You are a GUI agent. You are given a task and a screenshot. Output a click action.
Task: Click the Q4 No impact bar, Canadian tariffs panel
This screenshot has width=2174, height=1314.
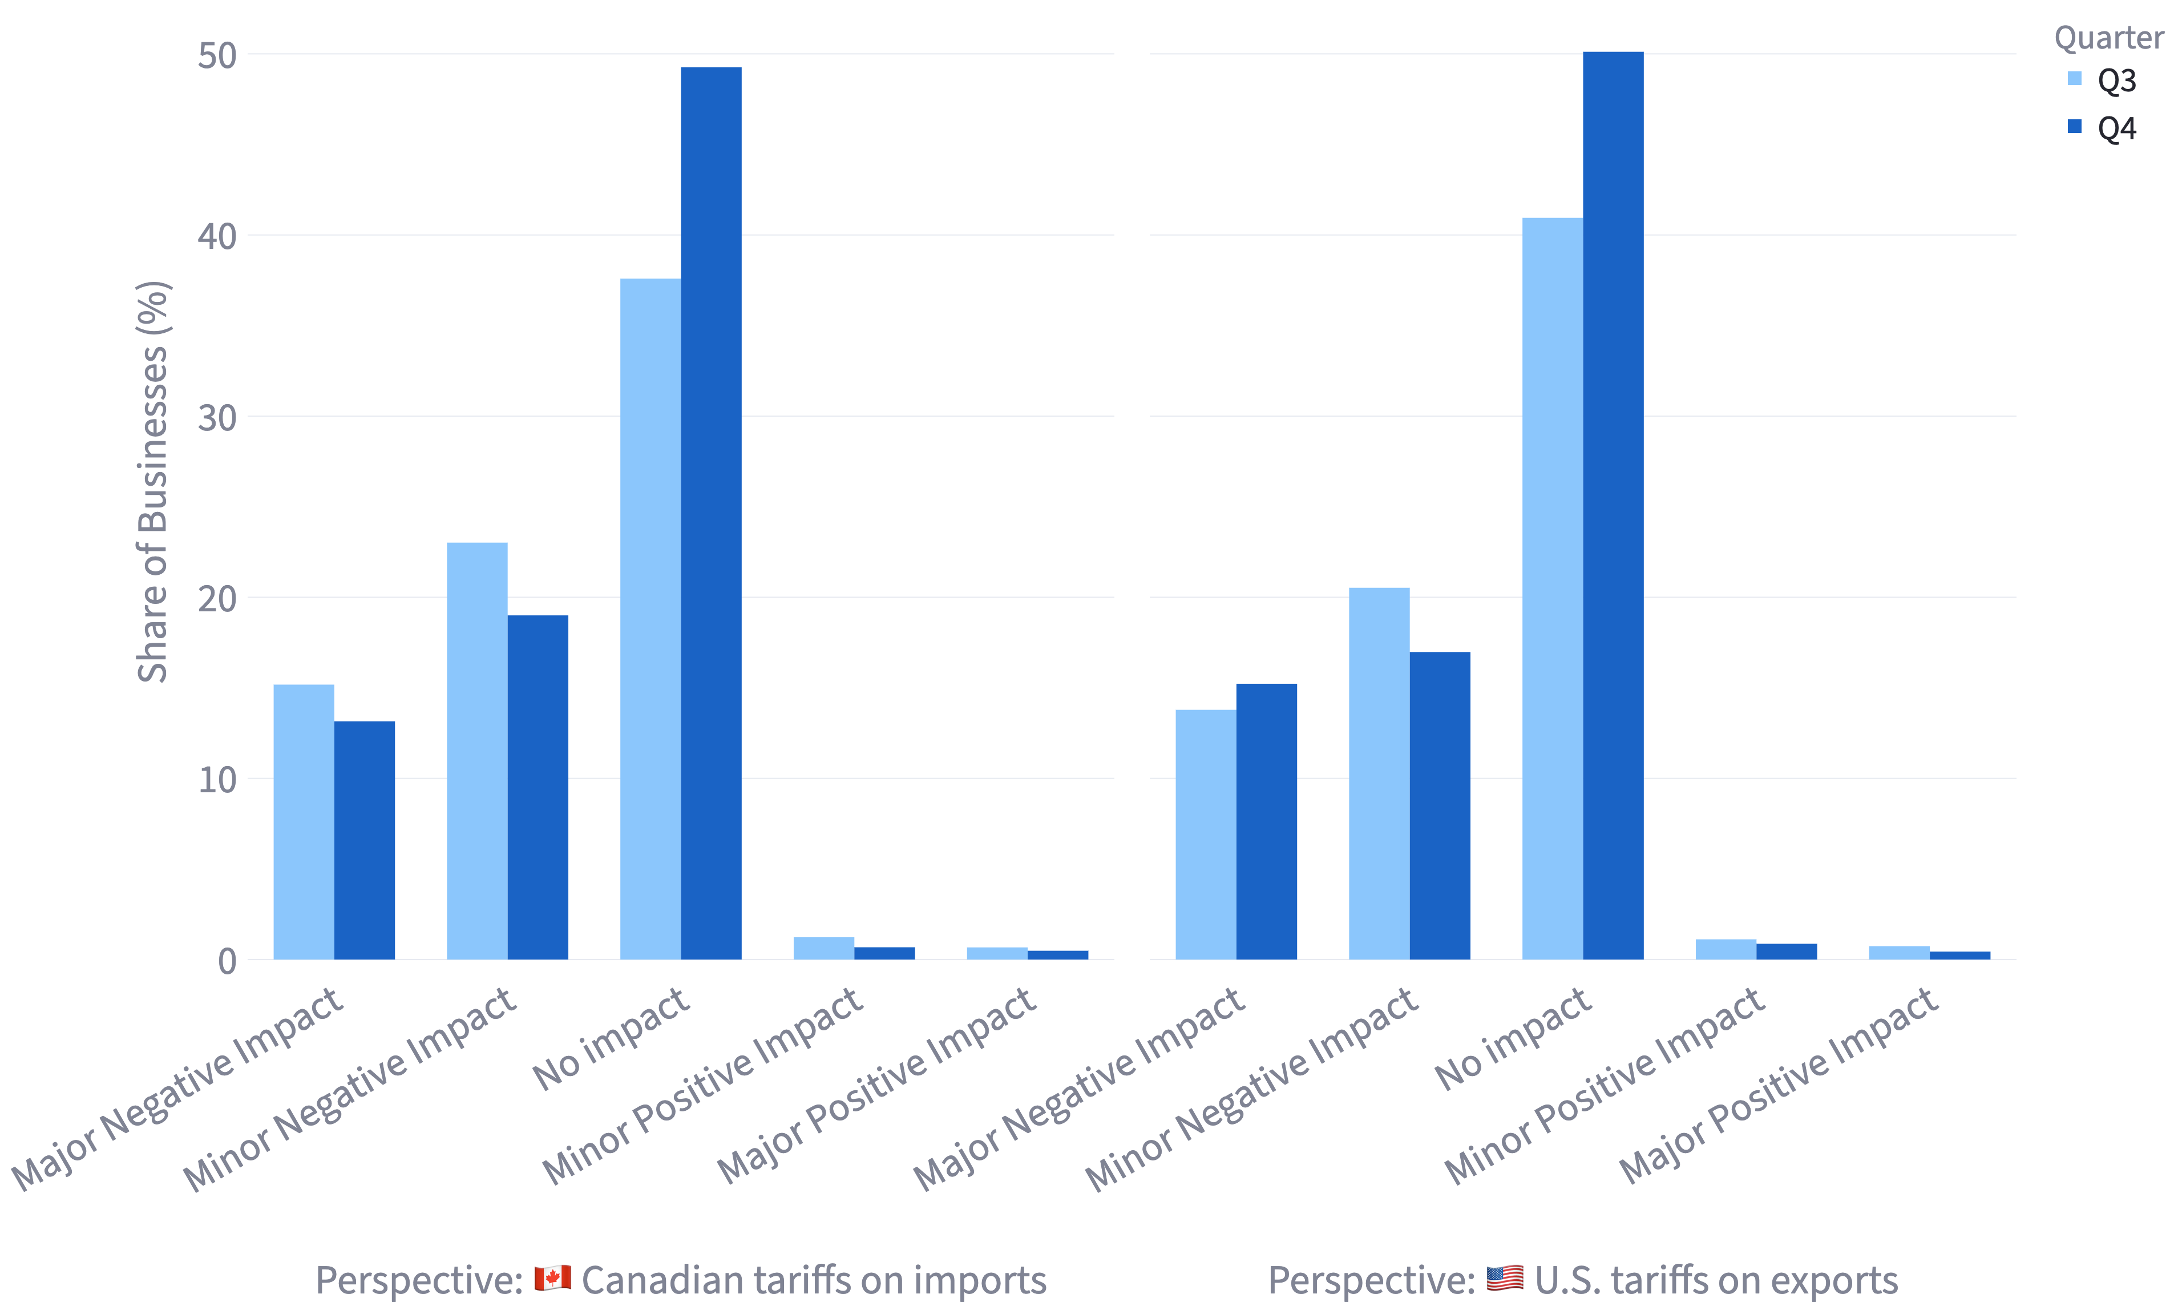711,512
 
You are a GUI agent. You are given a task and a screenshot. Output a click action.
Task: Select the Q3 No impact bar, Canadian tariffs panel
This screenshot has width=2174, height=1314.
650,618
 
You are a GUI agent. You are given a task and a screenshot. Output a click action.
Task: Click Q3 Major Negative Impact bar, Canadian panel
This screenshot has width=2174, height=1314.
304,821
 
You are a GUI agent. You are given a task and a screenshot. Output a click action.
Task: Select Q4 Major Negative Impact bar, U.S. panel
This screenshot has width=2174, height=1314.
1266,821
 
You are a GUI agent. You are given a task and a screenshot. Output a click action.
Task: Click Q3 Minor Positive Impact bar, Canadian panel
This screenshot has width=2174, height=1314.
824,948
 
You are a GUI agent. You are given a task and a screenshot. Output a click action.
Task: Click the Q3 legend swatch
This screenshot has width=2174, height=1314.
2074,79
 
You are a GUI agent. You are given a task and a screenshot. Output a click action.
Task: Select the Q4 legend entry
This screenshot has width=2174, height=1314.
2116,128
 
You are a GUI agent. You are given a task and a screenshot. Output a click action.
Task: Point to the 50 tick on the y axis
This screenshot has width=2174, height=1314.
217,55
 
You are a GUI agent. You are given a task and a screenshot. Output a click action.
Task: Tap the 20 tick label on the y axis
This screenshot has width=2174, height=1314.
217,598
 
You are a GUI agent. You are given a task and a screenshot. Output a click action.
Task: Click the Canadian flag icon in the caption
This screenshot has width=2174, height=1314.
552,1277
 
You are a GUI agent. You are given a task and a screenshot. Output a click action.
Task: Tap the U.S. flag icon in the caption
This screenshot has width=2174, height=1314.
1504,1277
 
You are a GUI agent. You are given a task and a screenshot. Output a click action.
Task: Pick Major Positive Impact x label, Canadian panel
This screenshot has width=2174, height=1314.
876,1086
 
